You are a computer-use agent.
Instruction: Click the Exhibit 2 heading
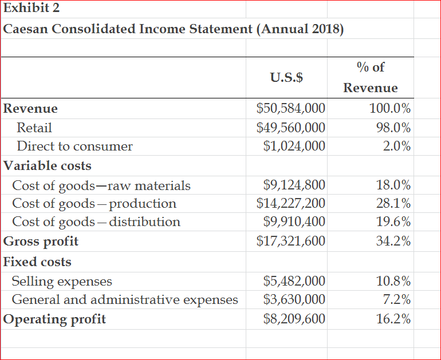click(x=31, y=9)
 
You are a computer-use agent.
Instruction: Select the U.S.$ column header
click(x=286, y=77)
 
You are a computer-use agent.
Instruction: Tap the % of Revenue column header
click(x=371, y=77)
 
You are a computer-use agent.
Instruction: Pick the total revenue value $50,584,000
click(x=291, y=108)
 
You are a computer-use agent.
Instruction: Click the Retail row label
click(x=34, y=127)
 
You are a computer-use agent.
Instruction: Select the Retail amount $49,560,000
click(x=291, y=127)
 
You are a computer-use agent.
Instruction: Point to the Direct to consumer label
click(x=74, y=146)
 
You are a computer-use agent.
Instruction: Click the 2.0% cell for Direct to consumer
click(x=397, y=146)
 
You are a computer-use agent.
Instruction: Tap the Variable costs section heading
click(x=48, y=165)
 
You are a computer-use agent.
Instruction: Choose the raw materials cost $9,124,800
click(x=294, y=185)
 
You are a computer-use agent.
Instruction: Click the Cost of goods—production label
click(x=94, y=203)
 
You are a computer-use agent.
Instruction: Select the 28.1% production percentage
click(x=393, y=203)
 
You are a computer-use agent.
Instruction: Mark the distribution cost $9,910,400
click(x=294, y=221)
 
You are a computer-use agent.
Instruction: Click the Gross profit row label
click(x=41, y=241)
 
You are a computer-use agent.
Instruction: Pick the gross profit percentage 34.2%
click(x=393, y=241)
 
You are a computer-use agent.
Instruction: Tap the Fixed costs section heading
click(x=38, y=262)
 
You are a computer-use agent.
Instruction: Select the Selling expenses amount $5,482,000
click(x=294, y=281)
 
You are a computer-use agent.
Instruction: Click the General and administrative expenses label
click(x=125, y=299)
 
